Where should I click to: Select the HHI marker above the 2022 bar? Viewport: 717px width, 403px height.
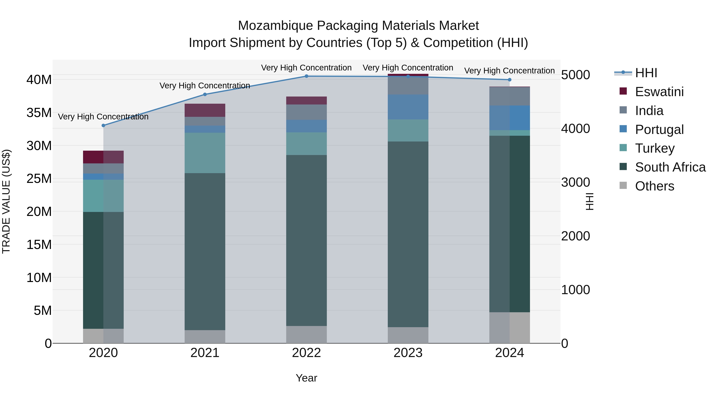coord(307,76)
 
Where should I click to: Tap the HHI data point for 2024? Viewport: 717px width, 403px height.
coord(510,80)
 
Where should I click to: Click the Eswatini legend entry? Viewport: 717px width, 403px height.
coord(659,92)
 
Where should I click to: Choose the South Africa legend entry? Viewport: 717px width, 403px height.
coord(670,167)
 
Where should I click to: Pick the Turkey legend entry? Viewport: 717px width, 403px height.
coord(655,148)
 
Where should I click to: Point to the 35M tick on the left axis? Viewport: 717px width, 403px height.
coord(39,113)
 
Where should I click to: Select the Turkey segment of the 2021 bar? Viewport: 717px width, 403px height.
coord(205,153)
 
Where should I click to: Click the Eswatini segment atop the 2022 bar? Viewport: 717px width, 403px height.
coord(307,101)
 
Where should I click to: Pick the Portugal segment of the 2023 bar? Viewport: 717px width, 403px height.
coord(408,107)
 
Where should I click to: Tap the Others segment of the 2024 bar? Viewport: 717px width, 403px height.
coord(510,328)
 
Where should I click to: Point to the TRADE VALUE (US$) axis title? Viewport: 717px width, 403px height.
coord(6,201)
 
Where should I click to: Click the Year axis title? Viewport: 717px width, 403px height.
coord(307,378)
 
